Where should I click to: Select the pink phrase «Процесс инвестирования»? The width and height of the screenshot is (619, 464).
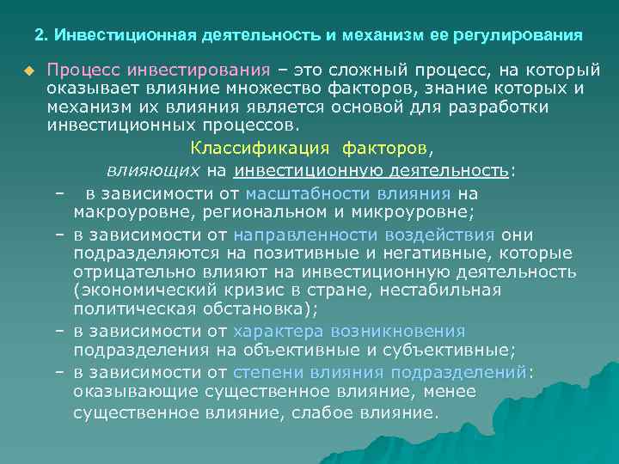click(159, 70)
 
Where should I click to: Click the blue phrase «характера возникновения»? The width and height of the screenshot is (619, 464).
click(348, 331)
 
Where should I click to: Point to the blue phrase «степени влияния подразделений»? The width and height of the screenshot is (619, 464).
click(381, 372)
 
